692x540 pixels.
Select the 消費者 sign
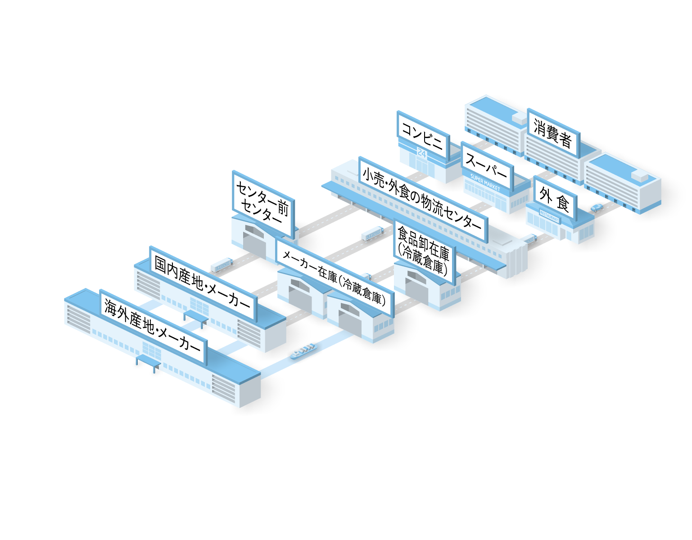click(552, 133)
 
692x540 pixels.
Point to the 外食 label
click(554, 198)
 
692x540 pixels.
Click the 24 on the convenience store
click(422, 153)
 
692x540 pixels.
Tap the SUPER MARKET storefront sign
click(485, 182)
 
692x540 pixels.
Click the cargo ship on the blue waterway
click(303, 351)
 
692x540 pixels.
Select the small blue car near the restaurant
click(597, 207)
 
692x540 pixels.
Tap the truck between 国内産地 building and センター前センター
click(221, 264)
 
